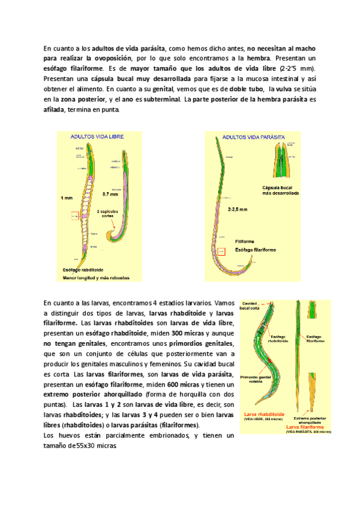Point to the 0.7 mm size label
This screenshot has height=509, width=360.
pos(110,194)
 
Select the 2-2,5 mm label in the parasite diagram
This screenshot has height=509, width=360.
pos(238,209)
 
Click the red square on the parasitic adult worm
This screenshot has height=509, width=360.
pos(221,252)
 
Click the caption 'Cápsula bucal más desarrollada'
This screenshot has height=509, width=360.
pos(281,190)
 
